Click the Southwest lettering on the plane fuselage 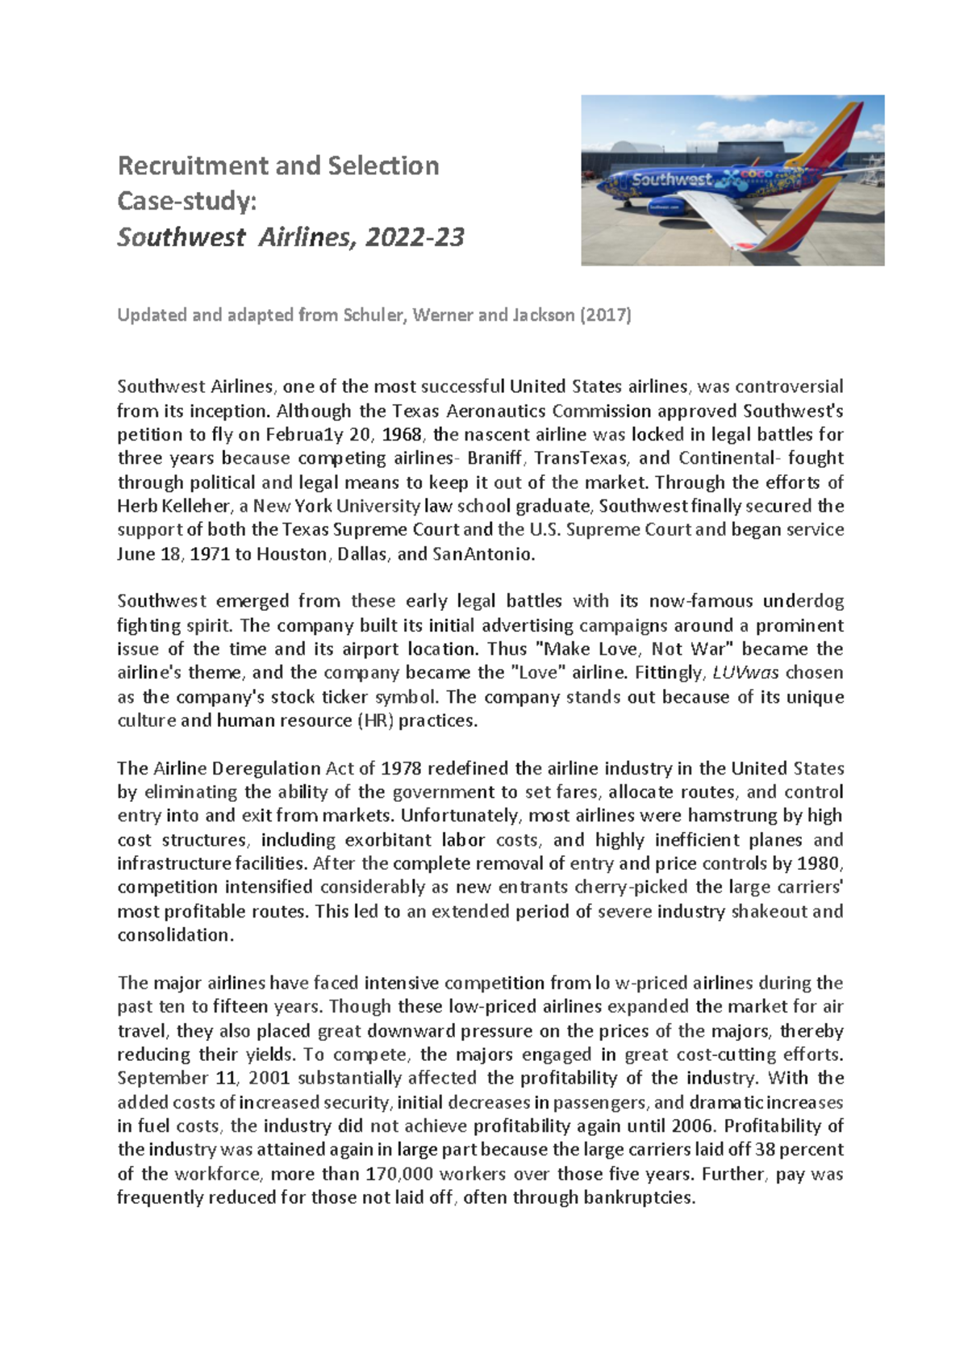coord(672,180)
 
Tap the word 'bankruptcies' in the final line coord(638,1198)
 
